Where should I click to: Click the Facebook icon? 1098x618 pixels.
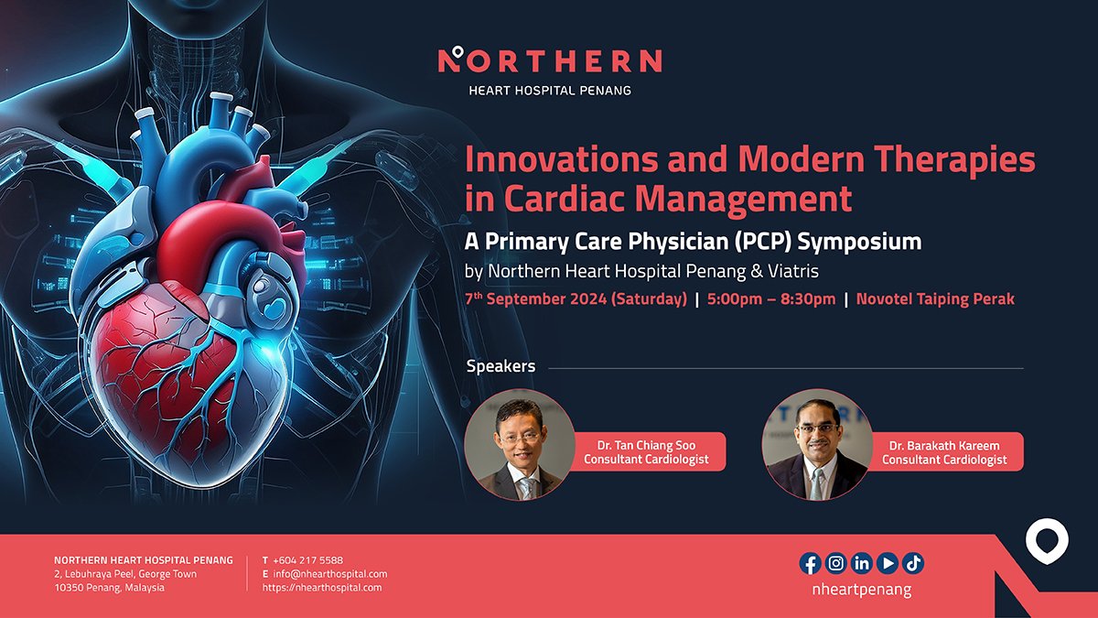(811, 563)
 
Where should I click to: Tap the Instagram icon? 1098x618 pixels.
(835, 563)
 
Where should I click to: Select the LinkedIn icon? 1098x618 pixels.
(861, 563)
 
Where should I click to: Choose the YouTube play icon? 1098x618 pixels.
(887, 563)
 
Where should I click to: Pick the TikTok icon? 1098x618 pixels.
(913, 563)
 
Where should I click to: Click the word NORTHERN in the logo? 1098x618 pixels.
(550, 60)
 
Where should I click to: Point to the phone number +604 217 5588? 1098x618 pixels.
(307, 560)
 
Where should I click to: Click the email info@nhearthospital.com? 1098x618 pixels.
(330, 574)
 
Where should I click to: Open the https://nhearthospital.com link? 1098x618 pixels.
(322, 588)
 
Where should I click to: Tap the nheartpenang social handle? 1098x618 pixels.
(862, 590)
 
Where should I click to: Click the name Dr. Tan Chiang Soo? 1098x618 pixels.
(646, 445)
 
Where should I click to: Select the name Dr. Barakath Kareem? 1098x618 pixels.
(944, 446)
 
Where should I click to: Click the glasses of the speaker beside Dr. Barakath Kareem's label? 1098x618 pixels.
(817, 428)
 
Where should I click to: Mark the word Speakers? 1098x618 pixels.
(501, 366)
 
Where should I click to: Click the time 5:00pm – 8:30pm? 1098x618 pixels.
(771, 299)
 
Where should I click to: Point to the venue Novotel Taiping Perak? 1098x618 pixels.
(935, 299)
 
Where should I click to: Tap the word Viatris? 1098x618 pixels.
(793, 271)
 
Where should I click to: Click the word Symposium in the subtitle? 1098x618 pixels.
(859, 242)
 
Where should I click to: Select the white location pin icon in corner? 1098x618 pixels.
(1047, 541)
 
